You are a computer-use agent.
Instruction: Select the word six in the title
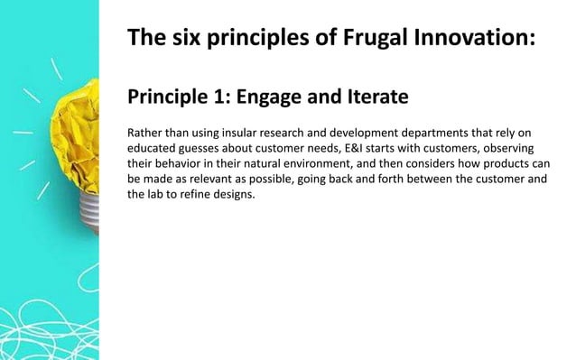(x=184, y=40)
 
